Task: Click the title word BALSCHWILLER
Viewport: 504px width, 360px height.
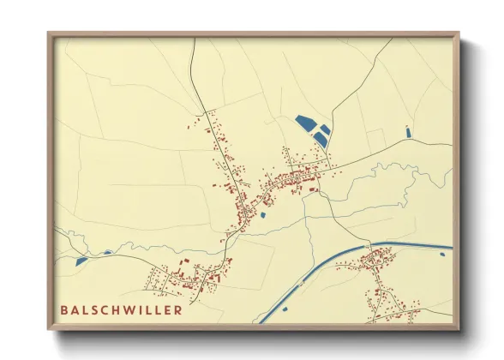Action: tap(121, 310)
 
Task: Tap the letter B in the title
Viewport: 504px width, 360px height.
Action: tap(64, 310)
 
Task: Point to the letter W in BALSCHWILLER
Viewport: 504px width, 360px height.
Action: tap(133, 310)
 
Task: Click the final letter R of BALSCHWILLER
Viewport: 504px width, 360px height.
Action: tap(178, 310)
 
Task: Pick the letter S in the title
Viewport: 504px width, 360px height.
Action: tap(95, 310)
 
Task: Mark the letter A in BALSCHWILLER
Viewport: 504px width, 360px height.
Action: tap(75, 310)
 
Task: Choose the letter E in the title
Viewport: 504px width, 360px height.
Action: tap(169, 310)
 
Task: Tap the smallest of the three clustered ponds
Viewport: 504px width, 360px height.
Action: tap(326, 129)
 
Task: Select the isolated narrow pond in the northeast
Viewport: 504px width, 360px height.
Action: tap(408, 131)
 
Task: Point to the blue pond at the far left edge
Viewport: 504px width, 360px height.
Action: tap(81, 261)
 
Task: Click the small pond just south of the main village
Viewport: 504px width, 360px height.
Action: tap(262, 215)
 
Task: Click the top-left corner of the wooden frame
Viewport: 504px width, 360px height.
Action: tap(50, 34)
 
